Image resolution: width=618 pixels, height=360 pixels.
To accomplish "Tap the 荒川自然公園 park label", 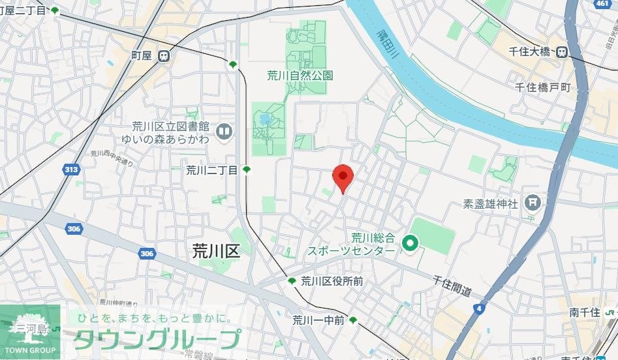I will coord(300,76).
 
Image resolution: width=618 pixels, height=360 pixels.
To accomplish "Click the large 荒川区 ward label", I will coord(217,251).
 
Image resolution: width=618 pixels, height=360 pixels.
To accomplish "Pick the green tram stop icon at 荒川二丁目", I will coord(247,170).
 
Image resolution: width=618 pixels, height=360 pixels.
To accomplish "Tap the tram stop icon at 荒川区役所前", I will coord(292,281).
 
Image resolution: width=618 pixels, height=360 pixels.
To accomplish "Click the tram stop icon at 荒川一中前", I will coord(353,320).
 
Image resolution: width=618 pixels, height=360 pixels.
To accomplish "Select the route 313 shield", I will coord(71,170).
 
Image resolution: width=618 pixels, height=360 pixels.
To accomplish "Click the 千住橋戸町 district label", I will coord(542,87).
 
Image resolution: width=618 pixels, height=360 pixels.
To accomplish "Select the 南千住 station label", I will coord(584,312).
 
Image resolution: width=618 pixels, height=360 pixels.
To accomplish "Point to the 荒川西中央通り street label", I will coord(112,158).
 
